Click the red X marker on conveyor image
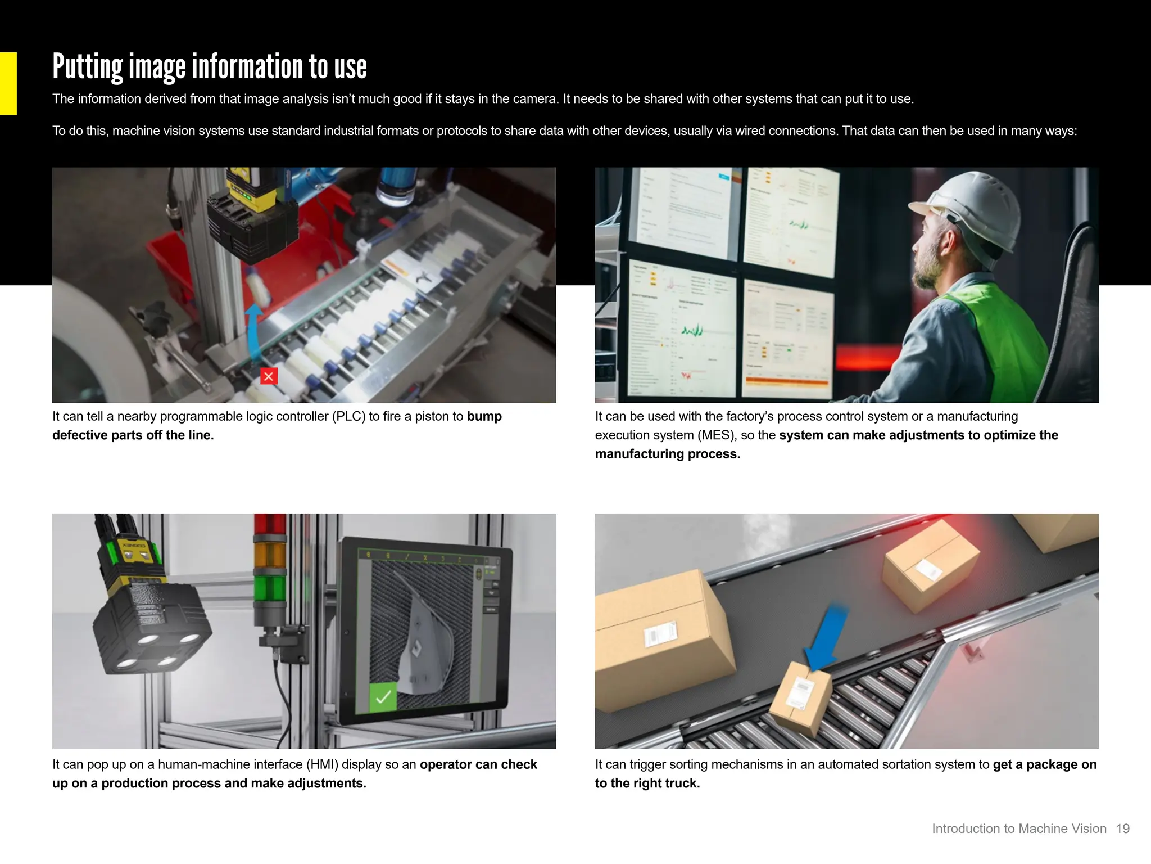(x=269, y=376)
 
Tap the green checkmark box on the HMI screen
(x=383, y=697)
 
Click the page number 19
(x=1122, y=829)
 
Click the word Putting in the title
(x=88, y=67)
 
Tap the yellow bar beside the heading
(x=8, y=83)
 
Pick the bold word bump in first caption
(x=484, y=416)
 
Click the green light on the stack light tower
(x=270, y=588)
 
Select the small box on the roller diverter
(x=800, y=697)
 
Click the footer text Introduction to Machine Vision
(x=1018, y=829)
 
